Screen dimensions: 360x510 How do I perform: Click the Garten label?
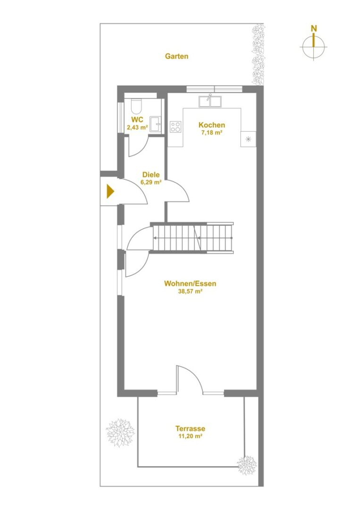pos(176,56)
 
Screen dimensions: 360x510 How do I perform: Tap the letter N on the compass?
pos(314,29)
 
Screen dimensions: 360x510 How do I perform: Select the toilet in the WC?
pos(136,106)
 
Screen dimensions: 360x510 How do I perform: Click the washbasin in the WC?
pos(156,124)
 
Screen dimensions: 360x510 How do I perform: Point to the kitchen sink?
pos(210,101)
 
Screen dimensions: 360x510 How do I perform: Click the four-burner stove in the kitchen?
pos(176,127)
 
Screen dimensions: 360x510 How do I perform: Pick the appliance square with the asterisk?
pos(248,139)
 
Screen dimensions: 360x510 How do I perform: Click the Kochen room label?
pos(212,125)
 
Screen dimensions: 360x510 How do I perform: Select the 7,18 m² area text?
pos(212,132)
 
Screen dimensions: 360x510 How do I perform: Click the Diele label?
pos(151,175)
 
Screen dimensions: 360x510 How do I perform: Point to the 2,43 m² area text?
pos(137,127)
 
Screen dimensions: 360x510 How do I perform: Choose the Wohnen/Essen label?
pos(190,284)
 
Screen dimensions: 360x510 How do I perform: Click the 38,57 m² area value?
pos(191,291)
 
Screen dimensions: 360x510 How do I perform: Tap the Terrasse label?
pos(191,429)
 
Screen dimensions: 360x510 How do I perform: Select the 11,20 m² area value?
pos(191,436)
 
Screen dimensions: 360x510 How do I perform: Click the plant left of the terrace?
pos(120,433)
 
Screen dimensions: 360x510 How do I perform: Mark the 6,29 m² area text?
pos(151,182)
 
